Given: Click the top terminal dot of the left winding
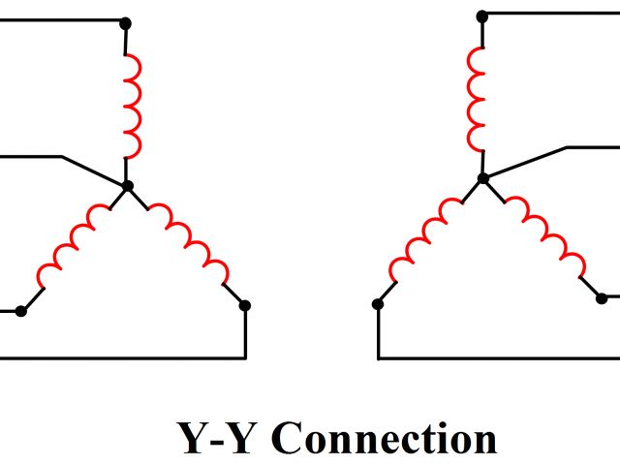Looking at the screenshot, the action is pos(125,21).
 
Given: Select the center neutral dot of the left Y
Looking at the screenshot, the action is pos(126,184).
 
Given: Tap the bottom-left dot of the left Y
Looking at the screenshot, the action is pos(21,310).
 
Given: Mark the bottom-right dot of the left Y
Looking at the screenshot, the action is pos(245,305).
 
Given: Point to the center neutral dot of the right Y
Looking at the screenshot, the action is pos(482,177).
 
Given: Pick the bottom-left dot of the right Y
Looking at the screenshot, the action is pos(378,303).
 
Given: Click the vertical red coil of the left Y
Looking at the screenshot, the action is pos(132,105).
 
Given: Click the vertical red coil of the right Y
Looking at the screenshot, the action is pos(477,97).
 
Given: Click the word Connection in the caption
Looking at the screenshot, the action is pos(384,438).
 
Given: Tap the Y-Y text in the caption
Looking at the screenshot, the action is pos(218,438).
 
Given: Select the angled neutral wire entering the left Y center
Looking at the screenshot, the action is pos(92,169).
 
